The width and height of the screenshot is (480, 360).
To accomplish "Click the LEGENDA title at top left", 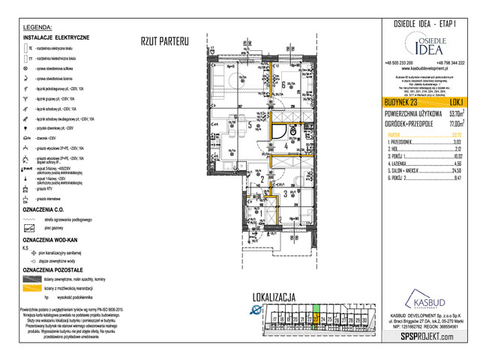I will pos(37,26).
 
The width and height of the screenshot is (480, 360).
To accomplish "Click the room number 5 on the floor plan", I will pos(250,124).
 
